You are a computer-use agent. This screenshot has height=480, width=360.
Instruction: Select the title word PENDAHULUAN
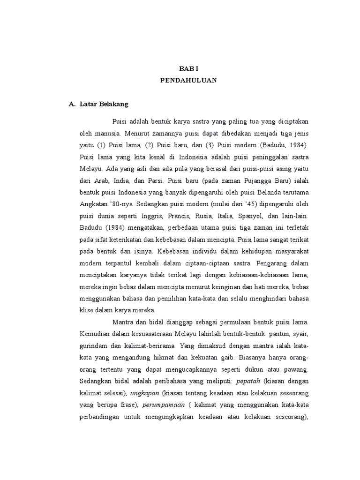188,80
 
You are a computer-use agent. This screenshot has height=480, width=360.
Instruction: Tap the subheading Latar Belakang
101,104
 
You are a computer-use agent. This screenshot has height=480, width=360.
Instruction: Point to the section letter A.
72,104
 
